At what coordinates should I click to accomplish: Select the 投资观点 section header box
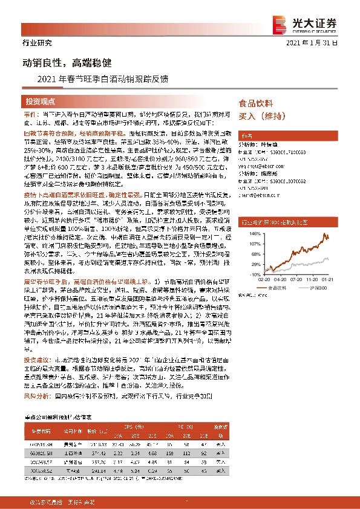41,101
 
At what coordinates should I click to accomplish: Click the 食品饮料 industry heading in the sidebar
257,103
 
